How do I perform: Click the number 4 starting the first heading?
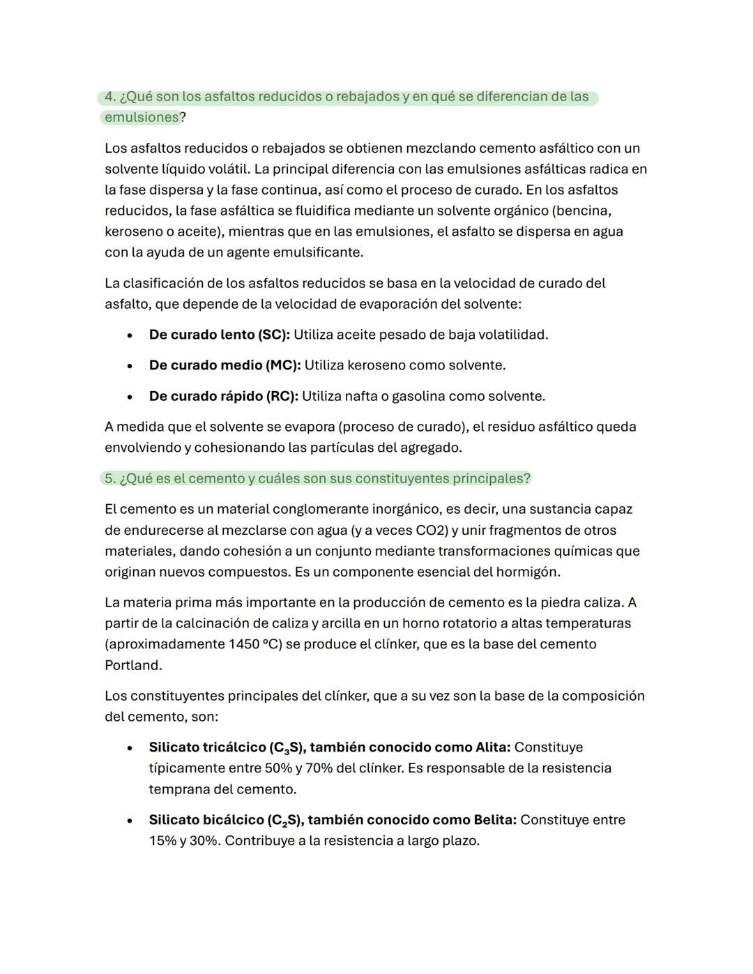[x=109, y=97]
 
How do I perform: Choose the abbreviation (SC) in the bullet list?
[x=273, y=335]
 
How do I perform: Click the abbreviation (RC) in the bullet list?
[x=282, y=397]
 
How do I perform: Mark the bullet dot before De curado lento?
[x=130, y=335]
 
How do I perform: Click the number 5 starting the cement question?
[x=109, y=479]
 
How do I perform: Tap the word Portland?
[x=132, y=666]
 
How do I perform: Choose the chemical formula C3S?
[x=286, y=748]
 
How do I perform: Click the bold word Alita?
[x=492, y=748]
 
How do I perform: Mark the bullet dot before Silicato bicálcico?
[x=130, y=821]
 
